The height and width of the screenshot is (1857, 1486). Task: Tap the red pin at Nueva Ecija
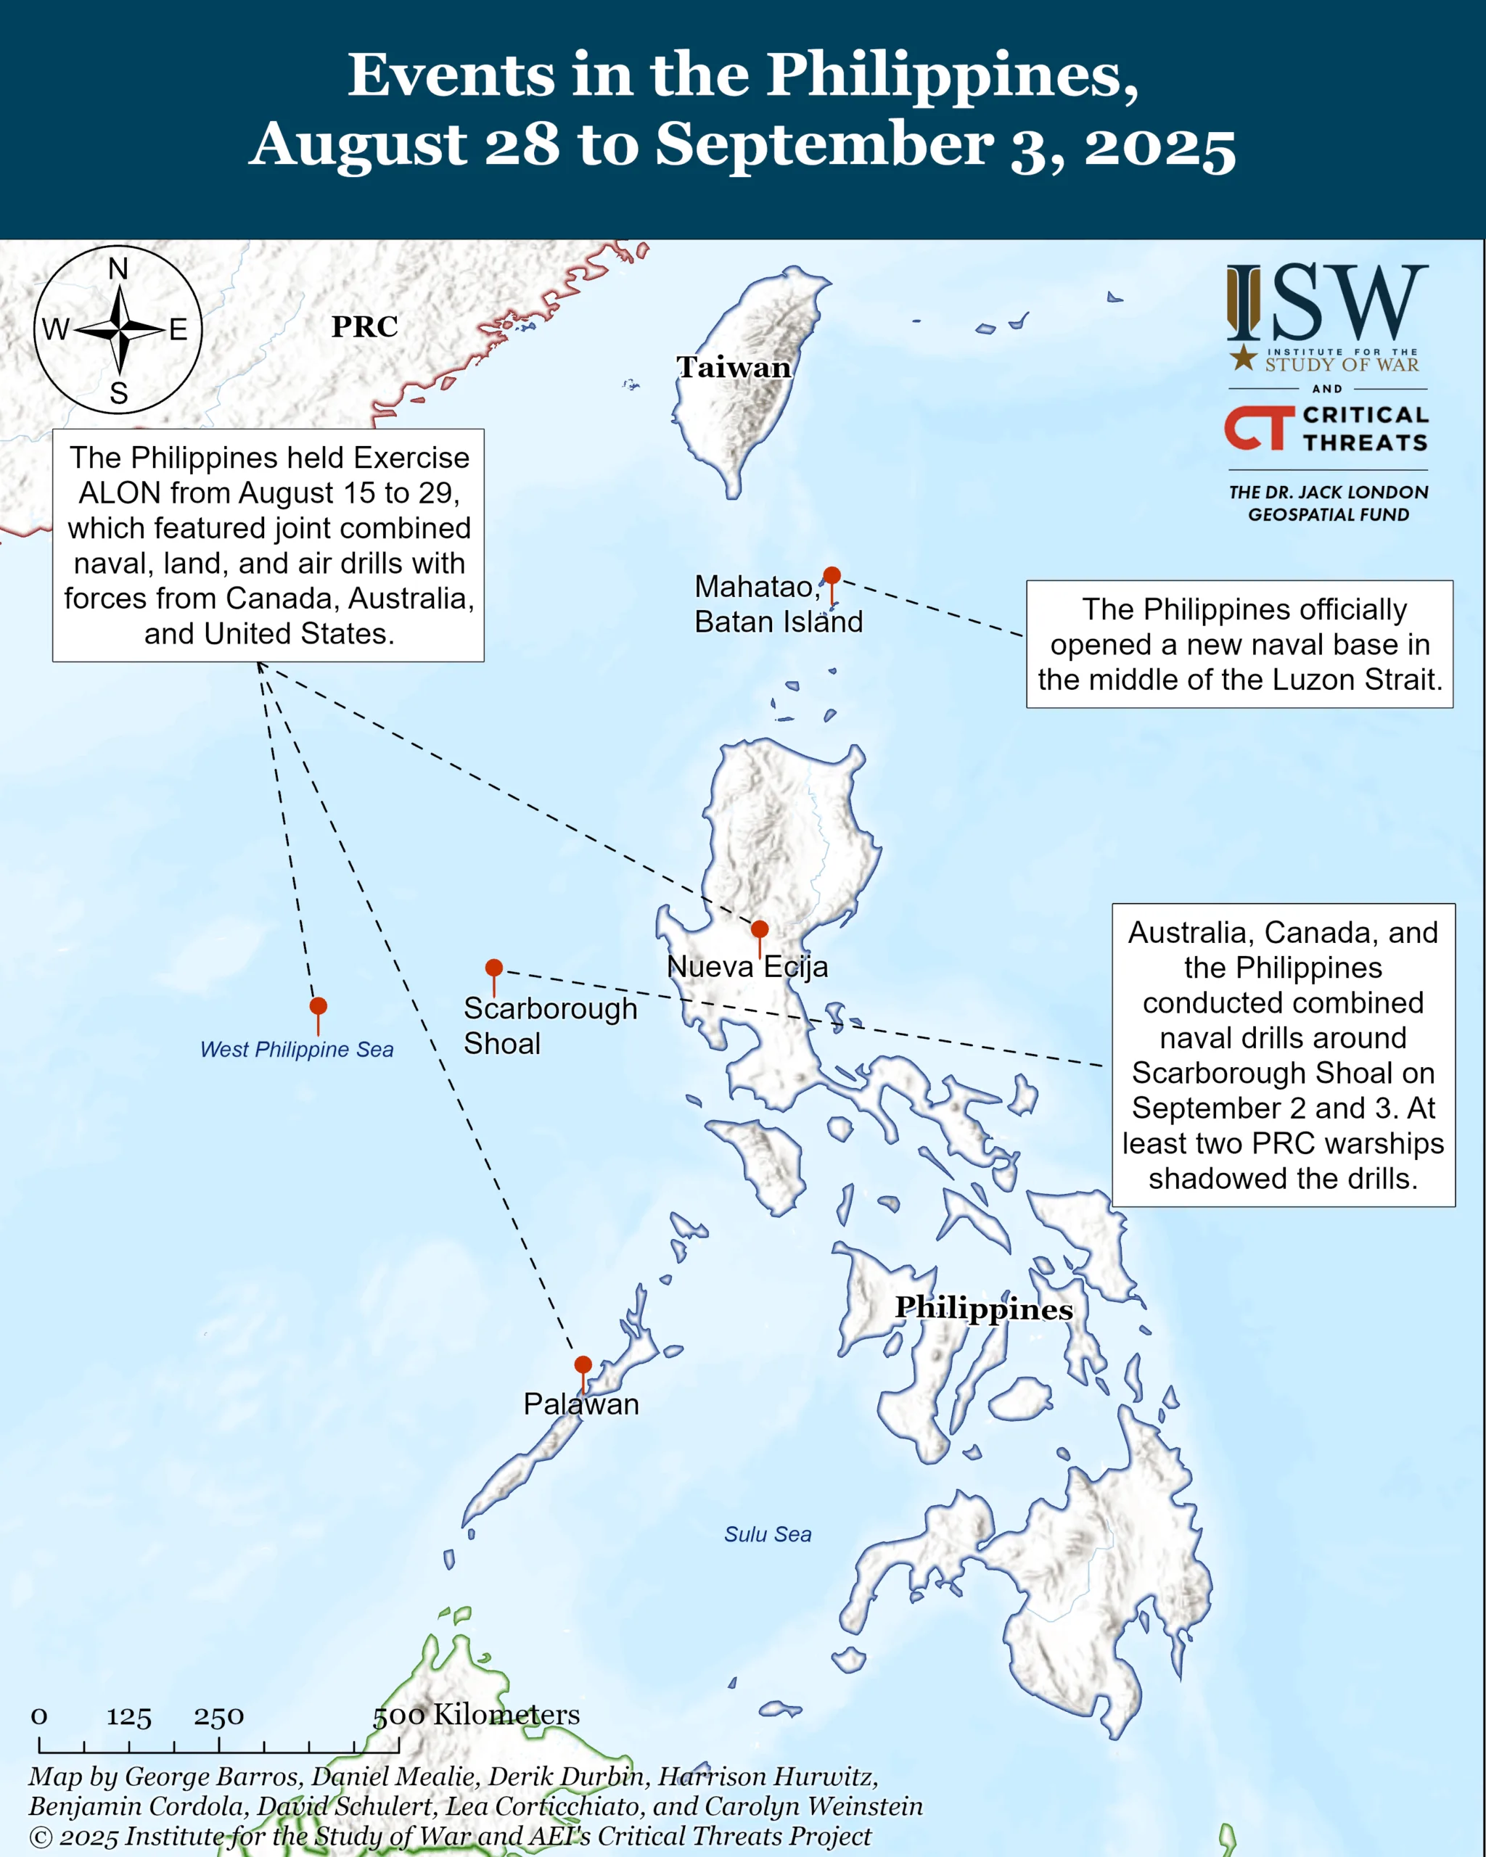point(759,929)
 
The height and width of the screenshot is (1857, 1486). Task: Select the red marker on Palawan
point(583,1365)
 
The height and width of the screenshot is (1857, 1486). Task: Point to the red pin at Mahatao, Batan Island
point(832,575)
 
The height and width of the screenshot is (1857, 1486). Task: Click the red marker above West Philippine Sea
point(318,1006)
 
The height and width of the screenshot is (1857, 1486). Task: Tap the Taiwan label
point(733,368)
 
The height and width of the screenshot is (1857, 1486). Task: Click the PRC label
point(364,327)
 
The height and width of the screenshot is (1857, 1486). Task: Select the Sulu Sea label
point(767,1534)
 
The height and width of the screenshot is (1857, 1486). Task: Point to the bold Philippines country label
point(984,1309)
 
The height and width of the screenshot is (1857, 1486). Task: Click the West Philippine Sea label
point(296,1049)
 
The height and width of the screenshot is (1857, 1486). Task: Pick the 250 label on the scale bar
point(219,1716)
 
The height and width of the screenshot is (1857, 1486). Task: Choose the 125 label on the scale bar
point(129,1716)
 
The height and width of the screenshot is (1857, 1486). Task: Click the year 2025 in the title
point(1159,144)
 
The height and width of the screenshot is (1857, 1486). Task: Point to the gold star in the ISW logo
point(1242,357)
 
